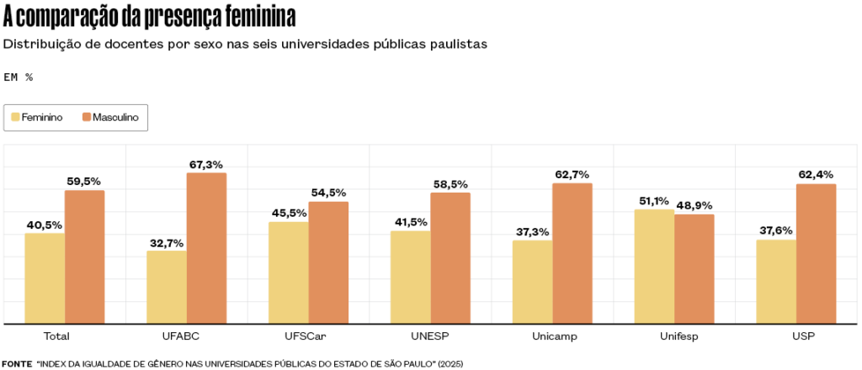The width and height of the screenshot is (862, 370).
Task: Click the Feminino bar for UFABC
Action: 167,287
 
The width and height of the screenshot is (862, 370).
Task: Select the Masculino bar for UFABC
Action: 206,248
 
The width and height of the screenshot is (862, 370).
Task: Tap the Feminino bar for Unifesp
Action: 654,267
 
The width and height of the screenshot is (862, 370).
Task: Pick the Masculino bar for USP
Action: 816,254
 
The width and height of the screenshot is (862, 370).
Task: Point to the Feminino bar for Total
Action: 45,278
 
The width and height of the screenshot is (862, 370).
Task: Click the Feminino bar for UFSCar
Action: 289,272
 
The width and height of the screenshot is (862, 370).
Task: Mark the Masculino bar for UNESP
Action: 450,258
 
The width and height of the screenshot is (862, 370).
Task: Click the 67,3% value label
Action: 206,164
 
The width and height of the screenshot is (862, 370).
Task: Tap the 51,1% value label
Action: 654,201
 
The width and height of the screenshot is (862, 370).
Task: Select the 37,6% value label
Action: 776,231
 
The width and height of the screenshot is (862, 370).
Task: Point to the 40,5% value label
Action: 45,225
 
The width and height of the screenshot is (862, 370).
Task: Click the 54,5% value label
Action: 328,193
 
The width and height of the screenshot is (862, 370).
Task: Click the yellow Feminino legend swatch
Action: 14,118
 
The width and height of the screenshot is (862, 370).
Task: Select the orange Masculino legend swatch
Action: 86,118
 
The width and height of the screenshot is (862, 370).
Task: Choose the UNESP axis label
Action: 430,336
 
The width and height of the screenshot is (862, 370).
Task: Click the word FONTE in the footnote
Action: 17,363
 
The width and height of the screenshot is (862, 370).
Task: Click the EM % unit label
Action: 19,77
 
